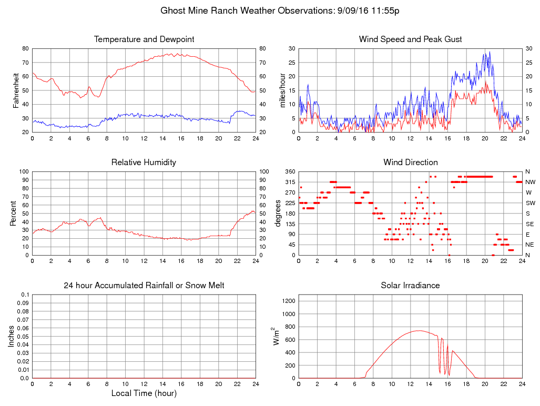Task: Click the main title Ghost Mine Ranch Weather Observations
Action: (x=280, y=11)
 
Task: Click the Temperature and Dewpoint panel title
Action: (x=144, y=39)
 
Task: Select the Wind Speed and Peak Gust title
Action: (x=410, y=39)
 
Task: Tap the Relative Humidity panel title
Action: (x=144, y=162)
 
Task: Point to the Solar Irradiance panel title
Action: (x=410, y=286)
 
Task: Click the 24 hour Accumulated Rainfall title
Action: (x=144, y=286)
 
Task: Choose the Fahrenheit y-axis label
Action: (x=16, y=90)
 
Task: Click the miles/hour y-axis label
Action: (x=283, y=90)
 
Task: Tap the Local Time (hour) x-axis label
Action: (x=144, y=393)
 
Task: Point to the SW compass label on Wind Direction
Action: (x=530, y=203)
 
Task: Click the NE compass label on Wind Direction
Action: (x=530, y=245)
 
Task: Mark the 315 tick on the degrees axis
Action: (x=290, y=182)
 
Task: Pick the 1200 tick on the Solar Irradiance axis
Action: (x=288, y=301)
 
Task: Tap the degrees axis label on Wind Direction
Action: (x=278, y=213)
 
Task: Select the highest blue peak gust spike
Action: (x=490, y=52)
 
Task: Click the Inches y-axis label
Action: (x=12, y=336)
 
